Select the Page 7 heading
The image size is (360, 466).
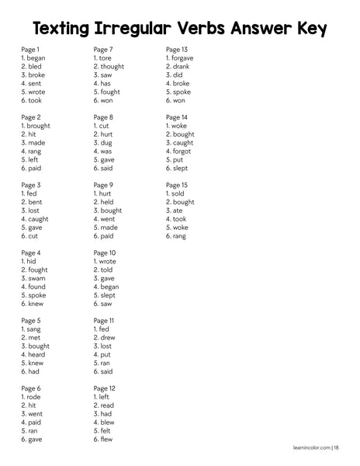point(105,49)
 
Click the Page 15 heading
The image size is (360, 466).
point(177,185)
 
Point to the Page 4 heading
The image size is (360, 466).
point(31,253)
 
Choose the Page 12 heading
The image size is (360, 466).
point(105,388)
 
